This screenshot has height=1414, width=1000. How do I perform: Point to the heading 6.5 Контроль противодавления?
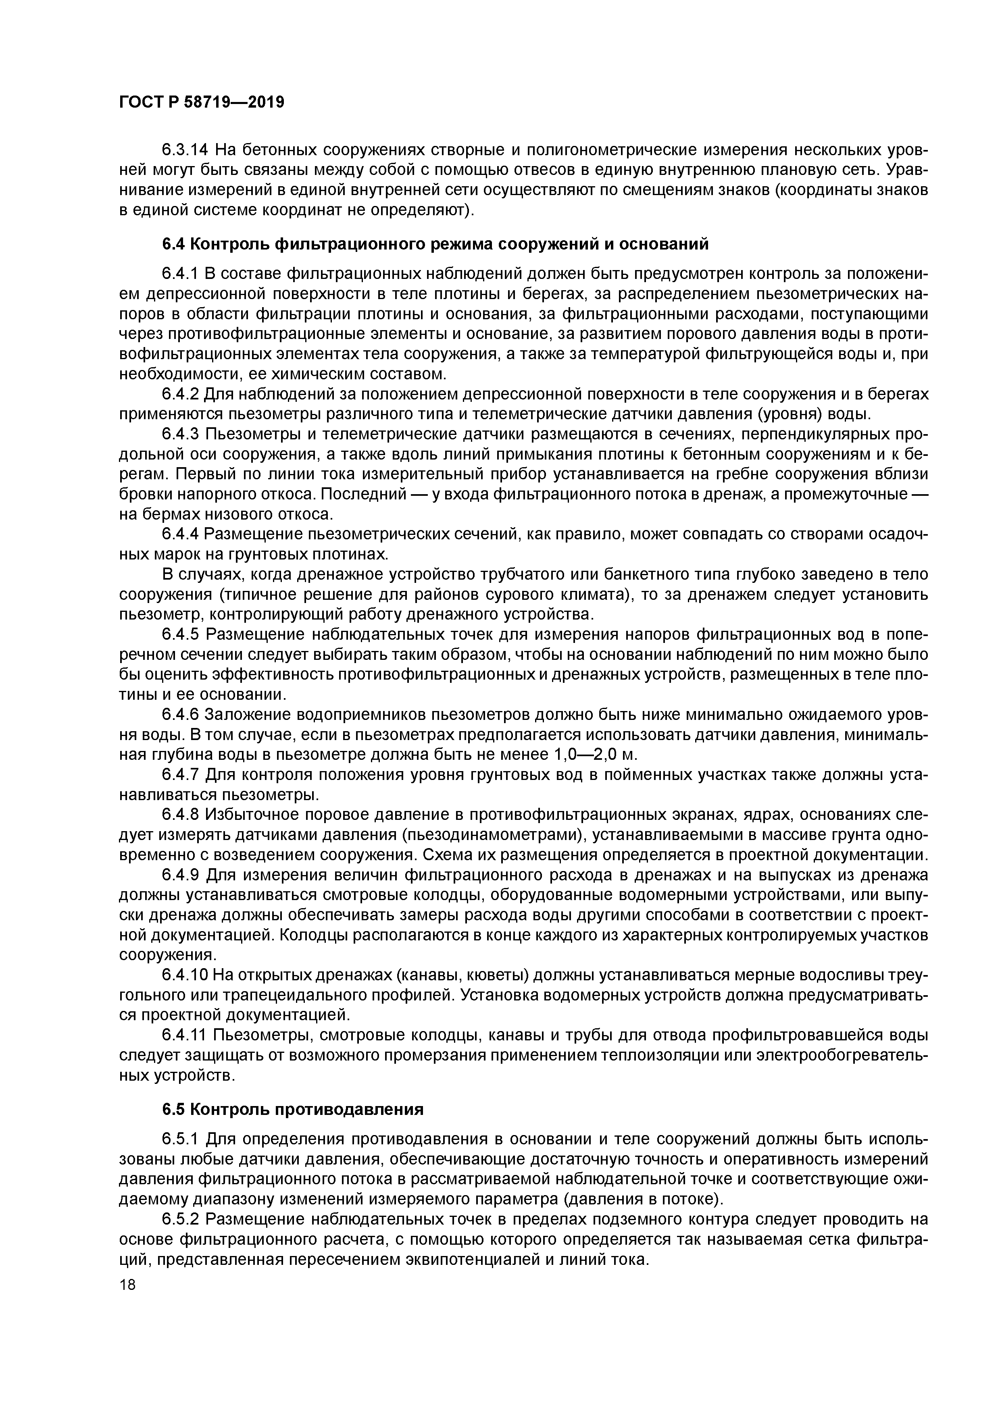point(293,1109)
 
